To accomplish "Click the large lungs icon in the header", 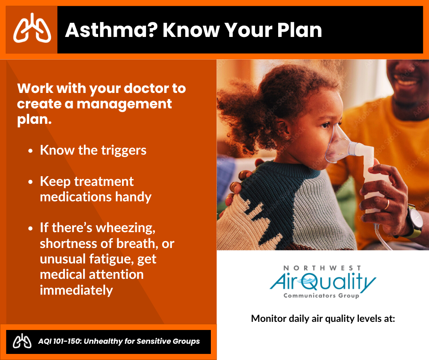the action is pos(32,28).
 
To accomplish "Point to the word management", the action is pos(124,104).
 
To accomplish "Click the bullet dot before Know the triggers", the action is pos(30,151).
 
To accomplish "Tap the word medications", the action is pos(76,197).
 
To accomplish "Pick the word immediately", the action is pos(76,290).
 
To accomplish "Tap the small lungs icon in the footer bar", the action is pos(22,341).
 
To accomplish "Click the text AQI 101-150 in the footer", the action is pos(60,341).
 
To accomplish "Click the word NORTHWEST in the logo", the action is pos(322,268).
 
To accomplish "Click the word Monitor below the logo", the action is pos(269,319).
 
